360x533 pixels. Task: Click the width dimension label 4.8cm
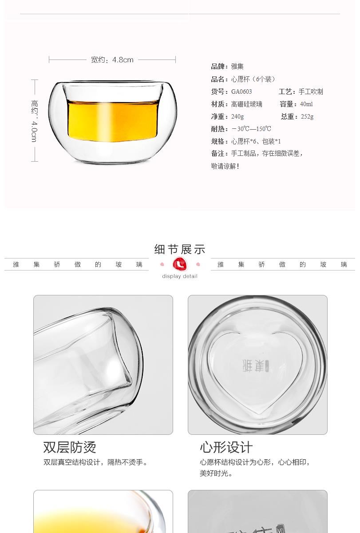[x=123, y=60]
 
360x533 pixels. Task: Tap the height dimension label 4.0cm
[x=35, y=131]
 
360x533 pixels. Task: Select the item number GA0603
[x=241, y=91]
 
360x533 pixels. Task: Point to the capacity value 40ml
[x=306, y=104]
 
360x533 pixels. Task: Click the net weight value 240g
[x=237, y=116]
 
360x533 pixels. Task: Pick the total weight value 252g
[x=307, y=116]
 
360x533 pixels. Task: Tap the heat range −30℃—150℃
[x=251, y=129]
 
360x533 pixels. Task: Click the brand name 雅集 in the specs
[x=237, y=66]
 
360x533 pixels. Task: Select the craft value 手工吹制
[x=311, y=91]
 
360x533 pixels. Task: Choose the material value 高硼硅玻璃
[x=246, y=104]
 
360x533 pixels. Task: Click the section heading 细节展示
[x=180, y=249]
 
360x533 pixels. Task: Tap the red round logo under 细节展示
[x=180, y=264]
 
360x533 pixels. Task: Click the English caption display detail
[x=180, y=276]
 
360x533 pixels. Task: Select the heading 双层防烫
[x=69, y=447]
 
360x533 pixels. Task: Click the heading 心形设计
[x=226, y=447]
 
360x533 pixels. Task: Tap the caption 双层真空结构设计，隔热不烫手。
[x=95, y=462]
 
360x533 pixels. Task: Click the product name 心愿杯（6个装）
[x=253, y=79]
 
